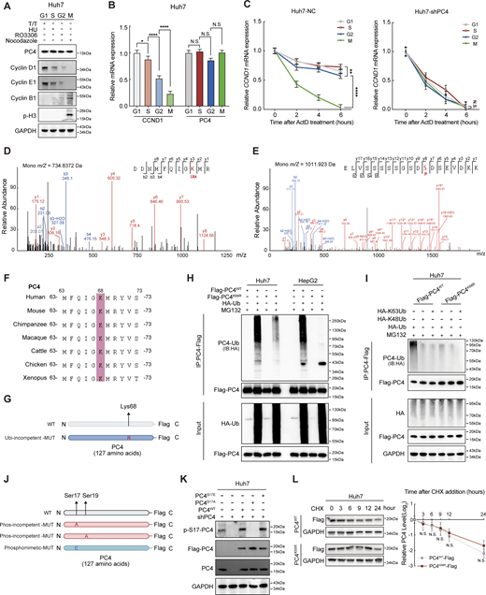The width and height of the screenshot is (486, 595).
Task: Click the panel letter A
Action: pyautogui.click(x=6, y=7)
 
